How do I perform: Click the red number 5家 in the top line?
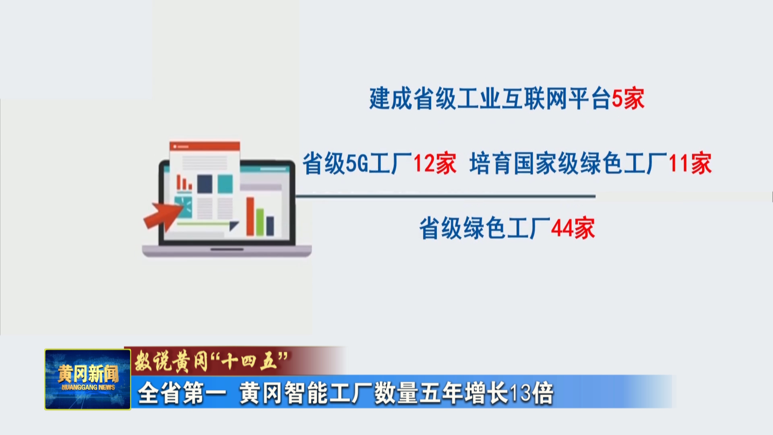coord(628,99)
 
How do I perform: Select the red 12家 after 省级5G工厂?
coord(435,164)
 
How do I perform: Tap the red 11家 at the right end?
coord(690,164)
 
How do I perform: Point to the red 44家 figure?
coord(573,228)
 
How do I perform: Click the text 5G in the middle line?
coord(357,164)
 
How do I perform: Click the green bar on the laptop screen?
coord(260,222)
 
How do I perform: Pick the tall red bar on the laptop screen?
coord(250,216)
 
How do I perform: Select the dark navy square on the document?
coord(205,184)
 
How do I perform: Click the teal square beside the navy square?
coord(225,184)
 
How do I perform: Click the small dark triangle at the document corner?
coord(234,226)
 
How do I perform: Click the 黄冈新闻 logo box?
coord(88,379)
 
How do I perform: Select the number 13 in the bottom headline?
coord(520,394)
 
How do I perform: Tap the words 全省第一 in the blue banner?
coord(182,394)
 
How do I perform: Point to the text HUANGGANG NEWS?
coord(88,387)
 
